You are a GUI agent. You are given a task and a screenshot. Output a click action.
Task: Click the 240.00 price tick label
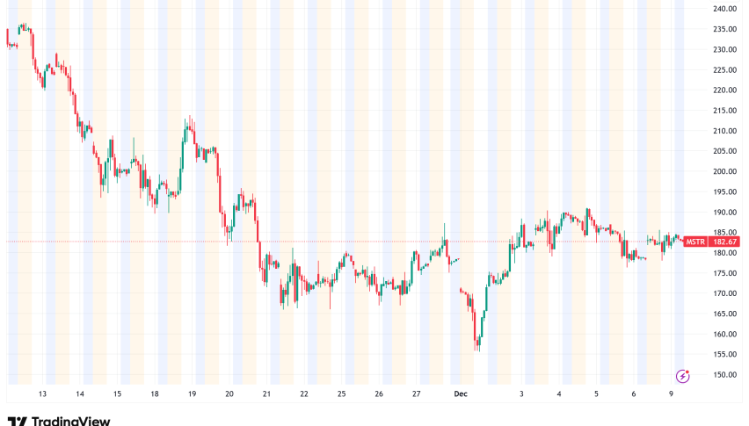click(725, 9)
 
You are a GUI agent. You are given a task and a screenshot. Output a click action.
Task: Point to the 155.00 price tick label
click(725, 355)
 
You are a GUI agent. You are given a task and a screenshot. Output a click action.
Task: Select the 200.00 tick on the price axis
click(725, 171)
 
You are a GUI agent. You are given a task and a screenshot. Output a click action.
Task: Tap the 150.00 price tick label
click(725, 375)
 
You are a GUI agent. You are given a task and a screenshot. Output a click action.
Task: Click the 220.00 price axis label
click(725, 90)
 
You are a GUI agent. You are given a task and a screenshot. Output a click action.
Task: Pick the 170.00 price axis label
click(725, 293)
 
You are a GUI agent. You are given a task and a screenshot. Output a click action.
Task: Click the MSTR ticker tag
click(695, 242)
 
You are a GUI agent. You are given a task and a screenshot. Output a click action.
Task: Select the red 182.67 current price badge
click(725, 242)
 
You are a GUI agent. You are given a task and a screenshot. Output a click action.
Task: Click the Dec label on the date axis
click(460, 395)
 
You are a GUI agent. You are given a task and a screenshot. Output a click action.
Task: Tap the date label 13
click(42, 395)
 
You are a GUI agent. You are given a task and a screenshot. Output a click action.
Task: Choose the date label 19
click(192, 395)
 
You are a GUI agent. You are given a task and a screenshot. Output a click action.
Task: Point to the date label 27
click(416, 395)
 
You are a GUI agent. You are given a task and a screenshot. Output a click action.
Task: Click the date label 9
click(671, 395)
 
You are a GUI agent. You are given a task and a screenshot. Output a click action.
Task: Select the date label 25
click(341, 395)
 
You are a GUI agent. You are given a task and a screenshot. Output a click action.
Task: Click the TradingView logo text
click(59, 421)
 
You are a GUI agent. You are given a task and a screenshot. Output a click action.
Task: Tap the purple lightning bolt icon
click(682, 374)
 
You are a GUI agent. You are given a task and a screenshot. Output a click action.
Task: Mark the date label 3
click(521, 395)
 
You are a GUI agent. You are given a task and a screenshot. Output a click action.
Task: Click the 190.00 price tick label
click(725, 212)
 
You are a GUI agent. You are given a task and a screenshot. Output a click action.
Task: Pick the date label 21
click(266, 395)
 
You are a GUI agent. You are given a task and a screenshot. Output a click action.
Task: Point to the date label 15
click(117, 395)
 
